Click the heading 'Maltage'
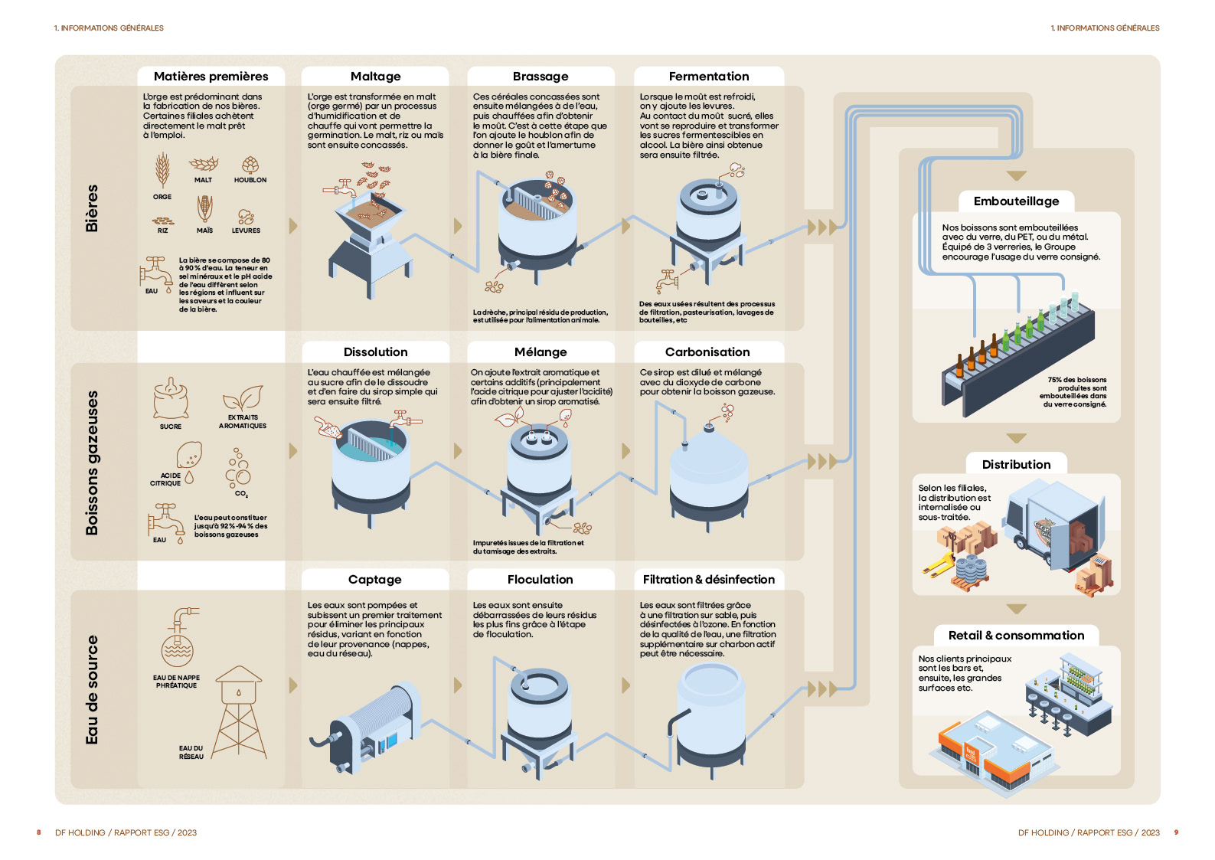(x=375, y=77)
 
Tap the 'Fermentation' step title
(x=708, y=77)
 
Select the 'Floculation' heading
(x=540, y=580)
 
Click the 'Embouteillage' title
(x=1016, y=201)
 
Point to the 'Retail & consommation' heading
(x=1016, y=636)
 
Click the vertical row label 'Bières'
(x=92, y=208)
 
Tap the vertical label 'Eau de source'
(x=92, y=690)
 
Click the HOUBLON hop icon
(x=250, y=165)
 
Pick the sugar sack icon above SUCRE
(x=171, y=398)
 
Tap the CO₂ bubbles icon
(x=238, y=467)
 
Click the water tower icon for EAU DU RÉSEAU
(x=239, y=712)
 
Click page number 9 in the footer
(x=1176, y=832)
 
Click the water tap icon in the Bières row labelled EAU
(x=155, y=273)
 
